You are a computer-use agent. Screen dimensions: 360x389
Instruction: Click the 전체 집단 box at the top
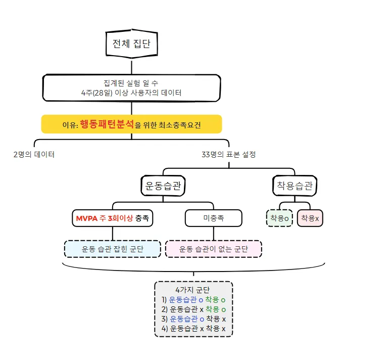tap(131, 44)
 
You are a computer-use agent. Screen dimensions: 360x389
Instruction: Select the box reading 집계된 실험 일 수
tap(131, 87)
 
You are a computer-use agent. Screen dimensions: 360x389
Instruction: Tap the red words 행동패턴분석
tap(107, 124)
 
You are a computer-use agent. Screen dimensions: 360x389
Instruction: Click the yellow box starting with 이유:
tap(131, 124)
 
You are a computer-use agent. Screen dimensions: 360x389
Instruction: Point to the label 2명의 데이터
tap(34, 155)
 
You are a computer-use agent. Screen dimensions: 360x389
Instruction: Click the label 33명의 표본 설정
tap(228, 155)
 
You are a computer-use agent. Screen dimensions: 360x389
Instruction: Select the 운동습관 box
tap(163, 186)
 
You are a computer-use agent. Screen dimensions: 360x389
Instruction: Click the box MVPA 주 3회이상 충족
tap(113, 218)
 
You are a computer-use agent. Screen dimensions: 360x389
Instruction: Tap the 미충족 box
tap(213, 218)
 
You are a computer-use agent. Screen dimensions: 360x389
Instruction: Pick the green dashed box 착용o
tap(279, 218)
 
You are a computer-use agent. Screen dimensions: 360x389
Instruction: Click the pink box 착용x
tap(310, 218)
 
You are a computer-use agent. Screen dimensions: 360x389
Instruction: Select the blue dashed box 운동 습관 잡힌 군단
tap(112, 249)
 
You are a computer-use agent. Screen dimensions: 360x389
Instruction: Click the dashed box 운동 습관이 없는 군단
tap(213, 249)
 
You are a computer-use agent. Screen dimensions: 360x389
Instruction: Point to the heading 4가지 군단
tap(193, 290)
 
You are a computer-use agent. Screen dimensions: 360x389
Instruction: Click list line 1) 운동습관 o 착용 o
tap(193, 300)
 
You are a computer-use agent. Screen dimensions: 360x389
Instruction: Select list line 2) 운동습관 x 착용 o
tap(193, 309)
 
